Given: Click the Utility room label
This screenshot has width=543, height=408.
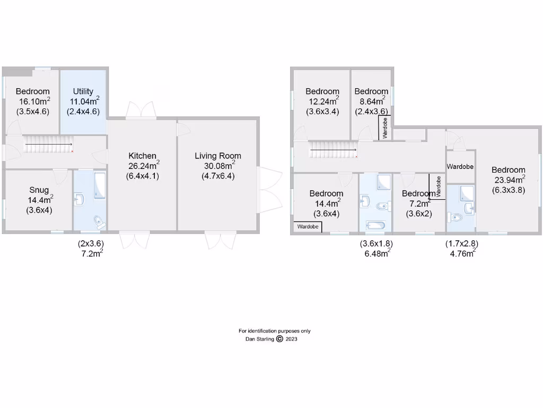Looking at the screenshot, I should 83,91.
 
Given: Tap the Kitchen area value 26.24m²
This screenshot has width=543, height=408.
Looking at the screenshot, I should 143,165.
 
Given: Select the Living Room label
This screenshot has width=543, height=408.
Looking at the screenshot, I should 218,156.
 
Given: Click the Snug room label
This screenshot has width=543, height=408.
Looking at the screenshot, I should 39,190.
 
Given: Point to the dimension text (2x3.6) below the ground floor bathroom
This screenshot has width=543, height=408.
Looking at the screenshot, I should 91,243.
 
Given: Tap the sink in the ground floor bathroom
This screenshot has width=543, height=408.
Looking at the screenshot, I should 80,199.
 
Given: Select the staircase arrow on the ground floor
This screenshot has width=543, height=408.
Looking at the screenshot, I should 49,144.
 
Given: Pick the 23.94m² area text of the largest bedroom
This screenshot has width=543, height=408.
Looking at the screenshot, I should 508,180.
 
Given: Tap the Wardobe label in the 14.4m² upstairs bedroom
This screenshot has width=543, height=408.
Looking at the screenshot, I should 308,227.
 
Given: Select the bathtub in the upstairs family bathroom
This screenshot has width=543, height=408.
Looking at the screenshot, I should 376,226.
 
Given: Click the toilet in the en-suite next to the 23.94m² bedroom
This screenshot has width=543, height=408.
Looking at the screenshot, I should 456,217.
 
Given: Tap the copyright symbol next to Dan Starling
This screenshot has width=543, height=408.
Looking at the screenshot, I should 279,339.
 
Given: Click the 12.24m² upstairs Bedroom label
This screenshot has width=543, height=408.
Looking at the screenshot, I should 322,91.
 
